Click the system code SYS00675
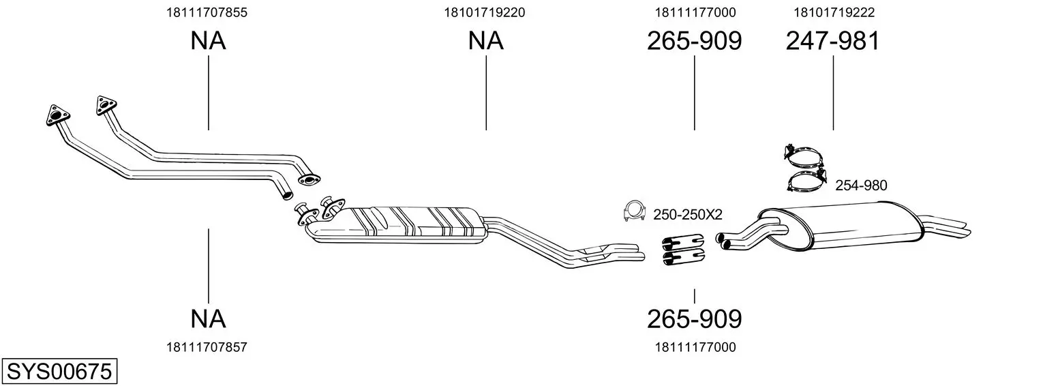[x=59, y=372]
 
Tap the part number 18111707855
[x=207, y=12]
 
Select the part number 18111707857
[x=207, y=347]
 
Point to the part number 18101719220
[x=484, y=12]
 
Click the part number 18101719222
[x=834, y=12]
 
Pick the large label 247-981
[x=833, y=41]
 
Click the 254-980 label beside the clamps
[x=861, y=185]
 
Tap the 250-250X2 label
[x=687, y=215]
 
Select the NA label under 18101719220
[x=485, y=41]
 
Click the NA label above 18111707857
[x=208, y=319]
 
